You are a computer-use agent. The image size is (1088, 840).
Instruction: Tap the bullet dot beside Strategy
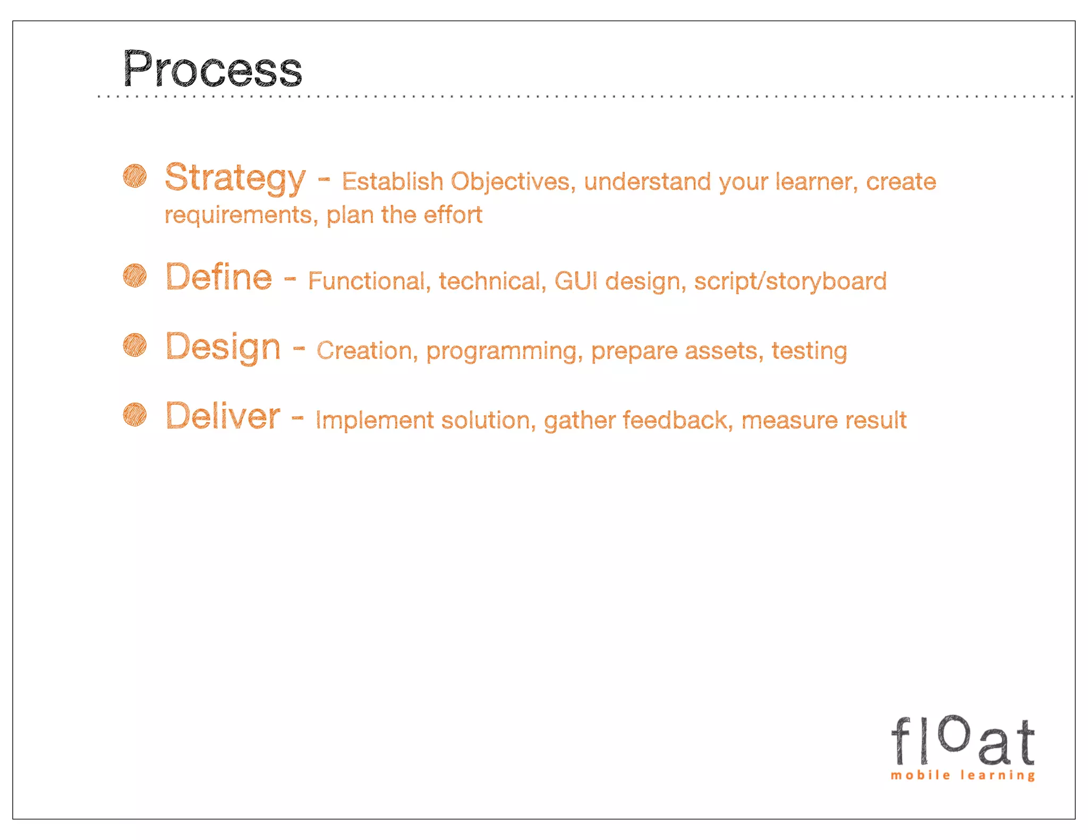coord(135,176)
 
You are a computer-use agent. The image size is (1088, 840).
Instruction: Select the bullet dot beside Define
coord(135,275)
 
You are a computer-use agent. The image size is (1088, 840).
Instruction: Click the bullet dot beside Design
coord(135,345)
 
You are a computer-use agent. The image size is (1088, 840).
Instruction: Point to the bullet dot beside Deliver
coord(135,414)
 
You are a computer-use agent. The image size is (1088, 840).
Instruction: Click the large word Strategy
coord(235,178)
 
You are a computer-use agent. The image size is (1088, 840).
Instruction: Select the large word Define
coord(219,277)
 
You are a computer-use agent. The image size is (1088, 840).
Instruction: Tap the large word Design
coord(223,347)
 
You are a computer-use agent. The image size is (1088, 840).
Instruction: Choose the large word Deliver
coord(223,416)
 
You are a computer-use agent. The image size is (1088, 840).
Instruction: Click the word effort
coord(453,215)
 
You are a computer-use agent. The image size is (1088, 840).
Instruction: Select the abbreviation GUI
coord(576,281)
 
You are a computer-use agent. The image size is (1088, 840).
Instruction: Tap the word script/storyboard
coord(790,281)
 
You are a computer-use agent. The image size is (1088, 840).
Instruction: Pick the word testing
coord(809,352)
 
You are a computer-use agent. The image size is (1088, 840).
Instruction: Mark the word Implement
coord(375,421)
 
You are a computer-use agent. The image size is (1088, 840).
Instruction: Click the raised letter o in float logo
coord(955,733)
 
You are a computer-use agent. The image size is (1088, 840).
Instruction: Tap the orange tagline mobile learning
coord(963,775)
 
